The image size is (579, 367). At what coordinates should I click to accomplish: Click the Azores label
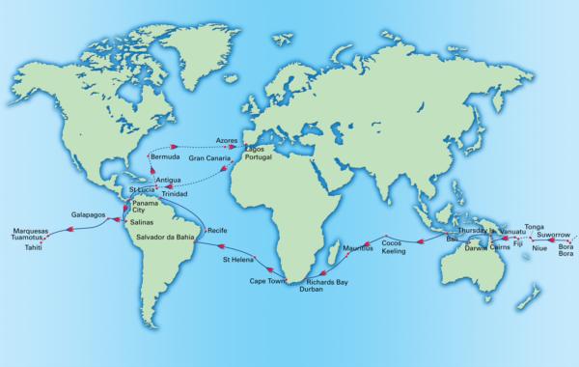click(x=228, y=139)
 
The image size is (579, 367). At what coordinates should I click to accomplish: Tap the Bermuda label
click(x=166, y=155)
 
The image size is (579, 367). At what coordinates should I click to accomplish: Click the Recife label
click(x=217, y=232)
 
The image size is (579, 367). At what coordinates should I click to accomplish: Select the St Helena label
click(x=238, y=259)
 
